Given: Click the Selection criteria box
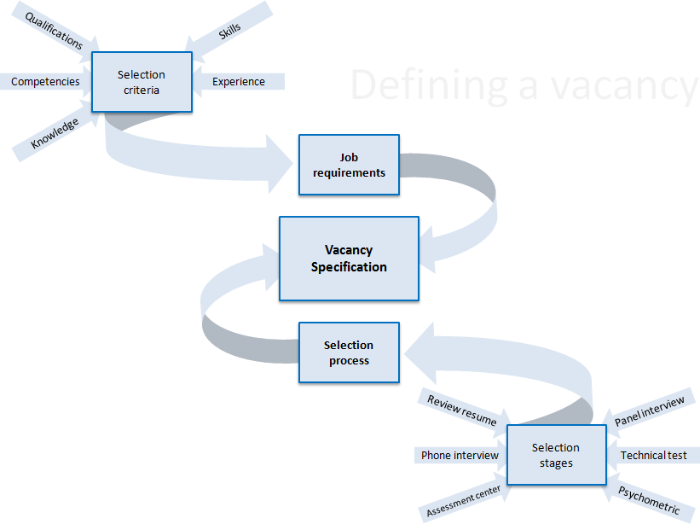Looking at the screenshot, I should pos(142,82).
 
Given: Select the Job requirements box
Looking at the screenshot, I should pos(349,165).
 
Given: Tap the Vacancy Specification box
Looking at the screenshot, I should pos(349,259).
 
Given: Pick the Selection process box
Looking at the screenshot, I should pos(349,352).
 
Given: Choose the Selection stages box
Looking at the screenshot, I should pos(555,455).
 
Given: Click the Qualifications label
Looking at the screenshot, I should pos(54,31).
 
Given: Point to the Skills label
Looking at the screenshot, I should pos(229,29).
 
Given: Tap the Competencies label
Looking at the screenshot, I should pos(45,82).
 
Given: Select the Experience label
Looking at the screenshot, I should pos(239,82).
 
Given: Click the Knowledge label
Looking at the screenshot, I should pos(55,133).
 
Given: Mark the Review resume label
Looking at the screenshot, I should pos(461,410).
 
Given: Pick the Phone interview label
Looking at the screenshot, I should pos(460,455).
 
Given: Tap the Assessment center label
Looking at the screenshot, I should pos(463,501).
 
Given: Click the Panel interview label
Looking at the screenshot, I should pos(650,411).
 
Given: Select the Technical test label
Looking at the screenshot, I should pos(653,455).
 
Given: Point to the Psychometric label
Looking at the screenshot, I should pos(650,500).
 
